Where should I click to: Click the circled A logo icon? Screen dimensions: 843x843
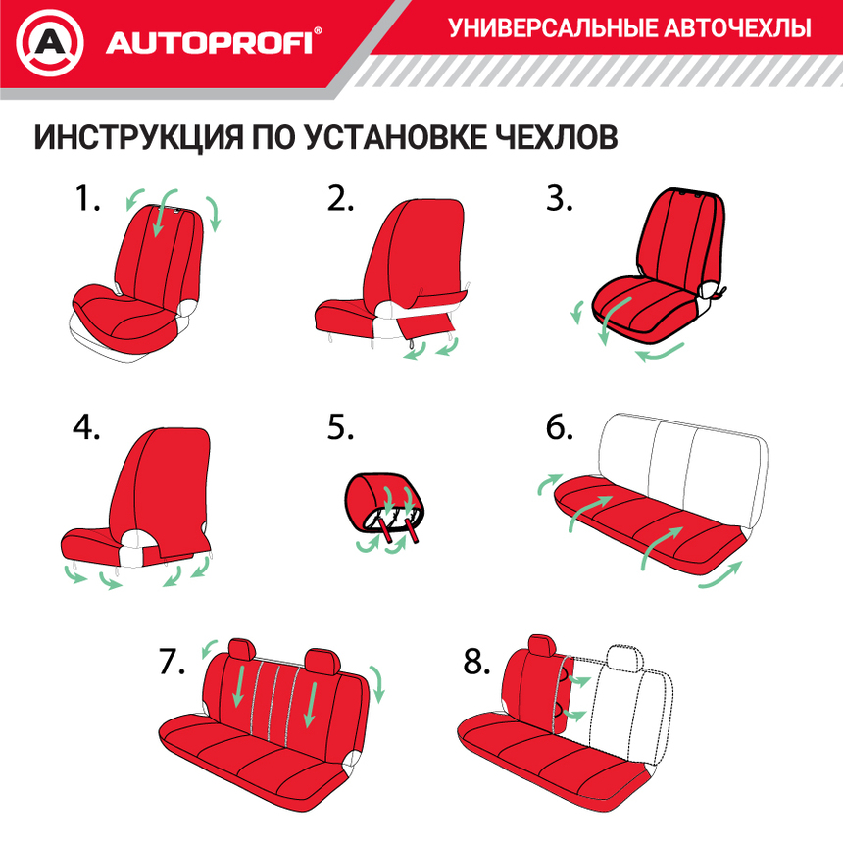(x=50, y=43)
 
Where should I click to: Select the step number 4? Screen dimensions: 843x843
(x=87, y=428)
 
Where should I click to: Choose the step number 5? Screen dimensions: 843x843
(x=340, y=428)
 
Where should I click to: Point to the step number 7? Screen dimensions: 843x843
(x=172, y=663)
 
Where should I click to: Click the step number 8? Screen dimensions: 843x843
(x=476, y=663)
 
